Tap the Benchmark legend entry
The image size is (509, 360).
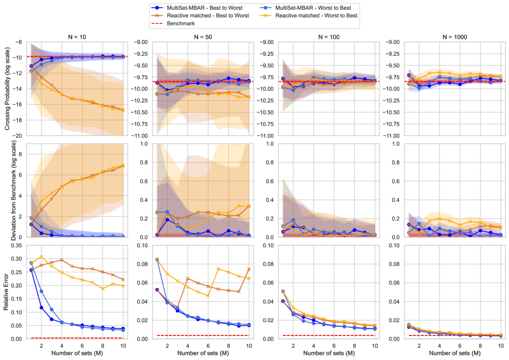coord(179,23)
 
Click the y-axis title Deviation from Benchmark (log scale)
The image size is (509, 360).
coord(7,190)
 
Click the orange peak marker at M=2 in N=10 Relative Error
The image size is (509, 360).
coord(42,257)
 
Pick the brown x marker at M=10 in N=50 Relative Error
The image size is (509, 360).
coord(249,269)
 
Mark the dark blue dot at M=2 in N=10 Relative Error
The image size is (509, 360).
coord(42,307)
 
